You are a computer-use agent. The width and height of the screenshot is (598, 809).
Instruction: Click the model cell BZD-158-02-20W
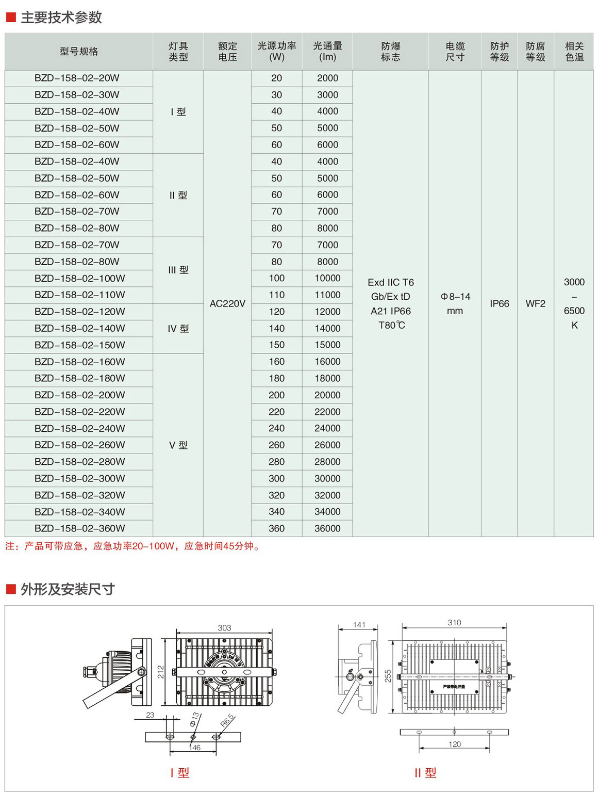[x=77, y=78]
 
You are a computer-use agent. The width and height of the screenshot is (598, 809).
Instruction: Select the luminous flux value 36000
[x=327, y=528]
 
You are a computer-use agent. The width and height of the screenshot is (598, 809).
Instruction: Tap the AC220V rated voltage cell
[x=227, y=304]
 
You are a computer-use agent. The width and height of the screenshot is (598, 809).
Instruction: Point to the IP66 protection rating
[x=499, y=304]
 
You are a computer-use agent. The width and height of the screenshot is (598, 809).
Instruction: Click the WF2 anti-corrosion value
[x=535, y=304]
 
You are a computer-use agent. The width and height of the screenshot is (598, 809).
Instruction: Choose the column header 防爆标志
[x=390, y=52]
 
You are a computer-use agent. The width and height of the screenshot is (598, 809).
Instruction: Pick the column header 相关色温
[x=574, y=52]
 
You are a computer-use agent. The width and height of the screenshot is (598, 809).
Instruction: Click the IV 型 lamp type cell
[x=178, y=329]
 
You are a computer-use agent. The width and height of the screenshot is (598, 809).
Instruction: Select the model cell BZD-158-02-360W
[x=79, y=528]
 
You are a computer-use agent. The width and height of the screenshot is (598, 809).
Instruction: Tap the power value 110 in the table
[x=276, y=295]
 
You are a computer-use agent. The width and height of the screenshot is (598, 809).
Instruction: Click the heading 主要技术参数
[x=61, y=18]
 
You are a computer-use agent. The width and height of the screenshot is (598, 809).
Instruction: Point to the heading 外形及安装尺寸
[x=68, y=589]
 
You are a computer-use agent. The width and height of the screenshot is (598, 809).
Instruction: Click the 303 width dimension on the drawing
[x=224, y=628]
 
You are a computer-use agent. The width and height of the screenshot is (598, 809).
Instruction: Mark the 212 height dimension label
[x=161, y=672]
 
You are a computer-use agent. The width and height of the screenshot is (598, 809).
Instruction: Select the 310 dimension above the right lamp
[x=454, y=623]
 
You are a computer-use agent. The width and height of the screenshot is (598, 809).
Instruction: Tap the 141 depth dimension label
[x=359, y=625]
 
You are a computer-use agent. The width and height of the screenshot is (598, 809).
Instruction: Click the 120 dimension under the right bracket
[x=454, y=744]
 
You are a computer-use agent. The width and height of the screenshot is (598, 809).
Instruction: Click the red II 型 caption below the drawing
[x=425, y=773]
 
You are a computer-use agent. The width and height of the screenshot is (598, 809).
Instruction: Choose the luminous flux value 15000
[x=327, y=345]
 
